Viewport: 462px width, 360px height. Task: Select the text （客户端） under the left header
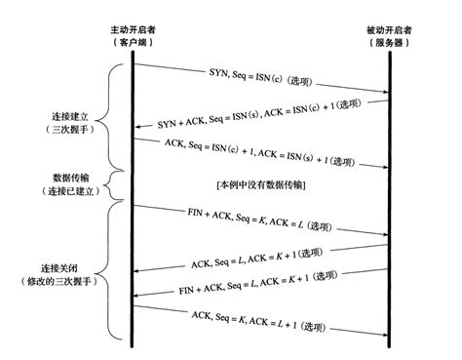click(x=133, y=46)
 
